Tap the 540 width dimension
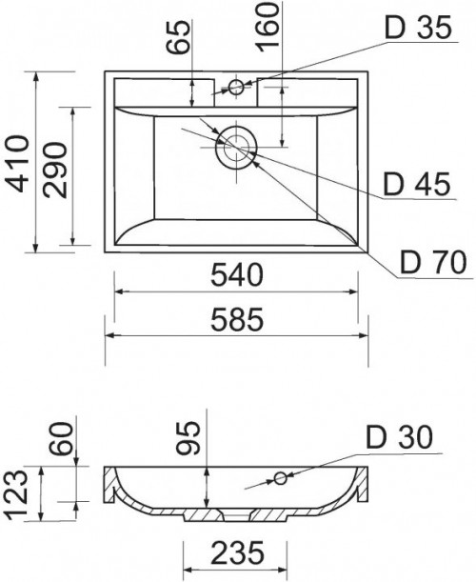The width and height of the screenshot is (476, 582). pyautogui.click(x=234, y=276)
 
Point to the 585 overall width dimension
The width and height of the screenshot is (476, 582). pyautogui.click(x=234, y=321)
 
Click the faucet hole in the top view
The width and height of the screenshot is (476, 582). pyautogui.click(x=235, y=89)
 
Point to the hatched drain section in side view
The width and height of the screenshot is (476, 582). pyautogui.click(x=234, y=516)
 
